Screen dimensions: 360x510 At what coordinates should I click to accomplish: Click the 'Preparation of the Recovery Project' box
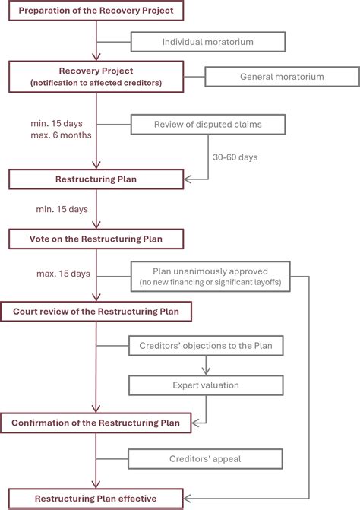[96, 11]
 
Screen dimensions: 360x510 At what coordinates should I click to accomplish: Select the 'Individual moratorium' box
[208, 42]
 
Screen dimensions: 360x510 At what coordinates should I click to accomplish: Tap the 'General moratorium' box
[282, 77]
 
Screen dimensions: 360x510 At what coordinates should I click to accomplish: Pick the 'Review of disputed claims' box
[208, 124]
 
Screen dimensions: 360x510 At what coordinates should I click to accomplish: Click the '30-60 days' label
[235, 157]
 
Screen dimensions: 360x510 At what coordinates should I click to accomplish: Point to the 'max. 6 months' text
[61, 135]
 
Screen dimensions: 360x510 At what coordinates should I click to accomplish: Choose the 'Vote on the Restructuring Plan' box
[96, 239]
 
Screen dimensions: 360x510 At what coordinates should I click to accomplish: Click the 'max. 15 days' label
[63, 274]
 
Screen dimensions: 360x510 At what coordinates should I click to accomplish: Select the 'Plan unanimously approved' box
[210, 277]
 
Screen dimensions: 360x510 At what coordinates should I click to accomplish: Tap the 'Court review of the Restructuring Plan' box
[96, 312]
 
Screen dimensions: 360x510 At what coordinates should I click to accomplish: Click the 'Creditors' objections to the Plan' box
[206, 345]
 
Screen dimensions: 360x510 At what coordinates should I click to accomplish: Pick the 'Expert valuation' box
[206, 385]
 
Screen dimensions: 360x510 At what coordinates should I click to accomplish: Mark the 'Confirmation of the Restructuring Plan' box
[96, 423]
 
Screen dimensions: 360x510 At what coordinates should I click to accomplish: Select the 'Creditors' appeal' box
[205, 459]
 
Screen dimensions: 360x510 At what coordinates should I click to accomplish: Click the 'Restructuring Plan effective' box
[96, 499]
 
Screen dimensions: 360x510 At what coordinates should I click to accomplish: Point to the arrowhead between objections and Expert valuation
[206, 372]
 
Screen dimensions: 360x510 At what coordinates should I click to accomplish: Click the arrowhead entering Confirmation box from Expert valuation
[195, 423]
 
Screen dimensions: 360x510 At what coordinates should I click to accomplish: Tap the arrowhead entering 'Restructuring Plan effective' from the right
[188, 499]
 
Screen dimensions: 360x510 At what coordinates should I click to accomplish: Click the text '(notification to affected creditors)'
[96, 83]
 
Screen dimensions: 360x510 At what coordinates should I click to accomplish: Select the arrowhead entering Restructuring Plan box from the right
[188, 179]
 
